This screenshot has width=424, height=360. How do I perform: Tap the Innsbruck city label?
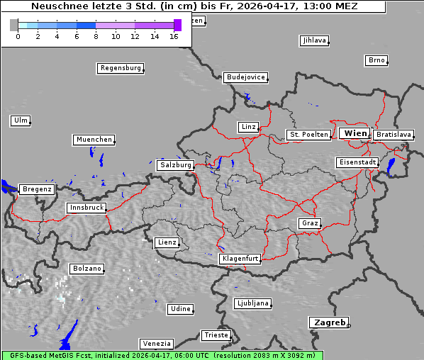tap(87, 208)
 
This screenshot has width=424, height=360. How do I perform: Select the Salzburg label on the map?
tap(176, 165)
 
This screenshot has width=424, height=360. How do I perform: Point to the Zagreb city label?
tap(329, 322)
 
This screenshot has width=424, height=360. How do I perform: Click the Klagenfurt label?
tap(240, 259)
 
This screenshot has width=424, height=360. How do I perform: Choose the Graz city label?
tap(309, 223)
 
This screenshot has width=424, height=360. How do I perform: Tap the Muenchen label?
tap(94, 140)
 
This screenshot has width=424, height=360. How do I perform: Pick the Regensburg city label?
tap(121, 69)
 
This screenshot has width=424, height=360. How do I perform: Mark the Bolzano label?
tap(87, 269)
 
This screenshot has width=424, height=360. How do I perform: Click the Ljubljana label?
tap(252, 303)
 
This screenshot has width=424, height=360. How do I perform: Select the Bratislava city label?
tap(394, 135)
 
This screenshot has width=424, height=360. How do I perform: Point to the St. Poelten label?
tap(308, 135)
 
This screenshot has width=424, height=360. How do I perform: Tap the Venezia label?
tap(156, 344)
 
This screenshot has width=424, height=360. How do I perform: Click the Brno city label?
tap(376, 60)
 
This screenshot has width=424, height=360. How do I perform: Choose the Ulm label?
tap(21, 120)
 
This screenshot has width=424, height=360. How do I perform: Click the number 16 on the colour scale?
tap(174, 36)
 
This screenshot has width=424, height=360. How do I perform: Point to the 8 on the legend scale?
tap(95, 36)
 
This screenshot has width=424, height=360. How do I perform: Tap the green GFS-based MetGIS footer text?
tap(162, 355)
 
